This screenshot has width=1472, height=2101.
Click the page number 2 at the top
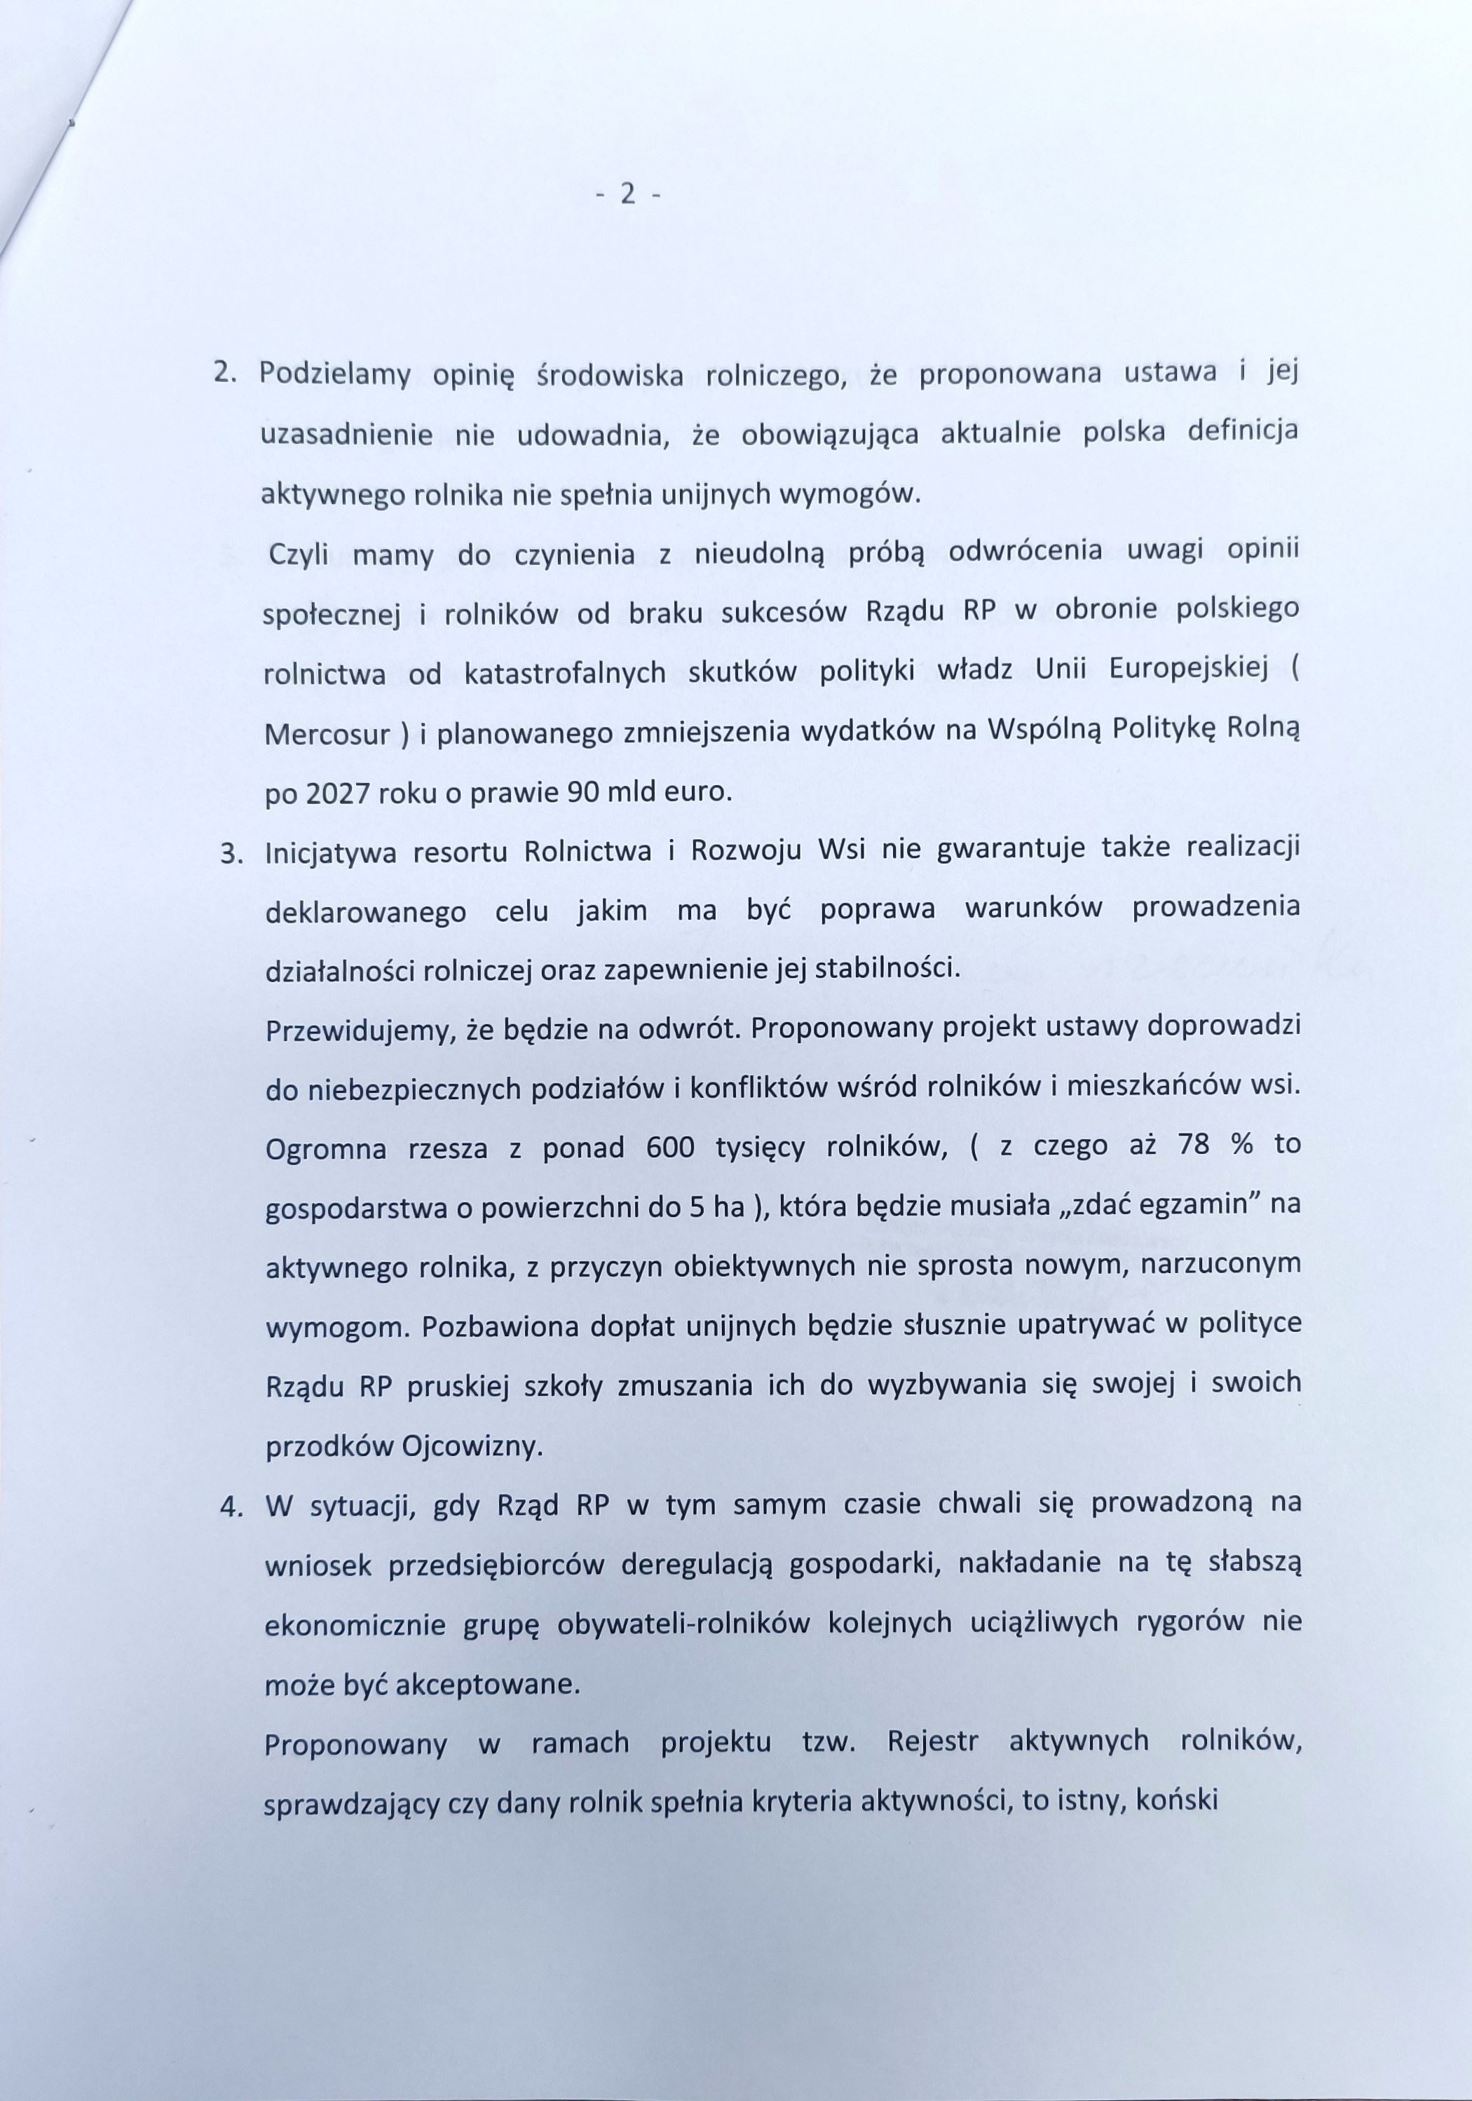pyautogui.click(x=627, y=194)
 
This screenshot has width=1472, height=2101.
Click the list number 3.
pyautogui.click(x=231, y=854)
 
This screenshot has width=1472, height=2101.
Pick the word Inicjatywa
pyautogui.click(x=329, y=854)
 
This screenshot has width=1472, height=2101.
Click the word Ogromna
pyautogui.click(x=327, y=1149)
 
